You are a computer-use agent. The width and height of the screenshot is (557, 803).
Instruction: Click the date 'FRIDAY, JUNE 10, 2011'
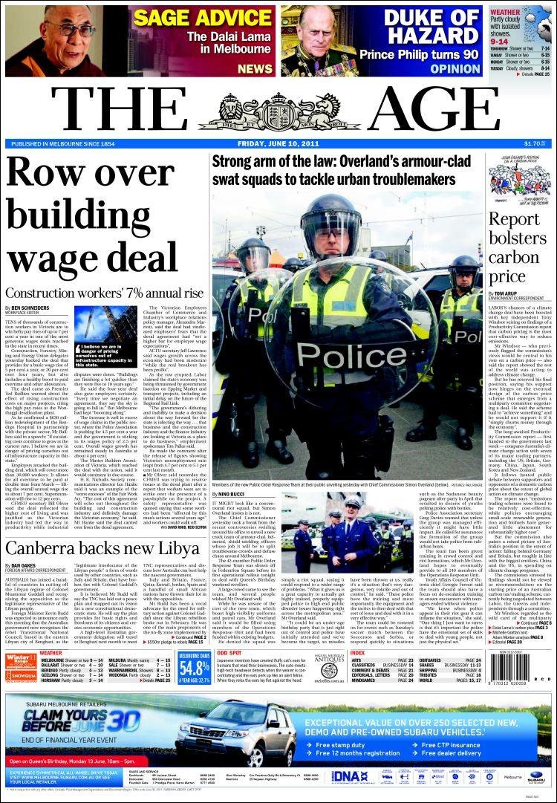click(278, 144)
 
